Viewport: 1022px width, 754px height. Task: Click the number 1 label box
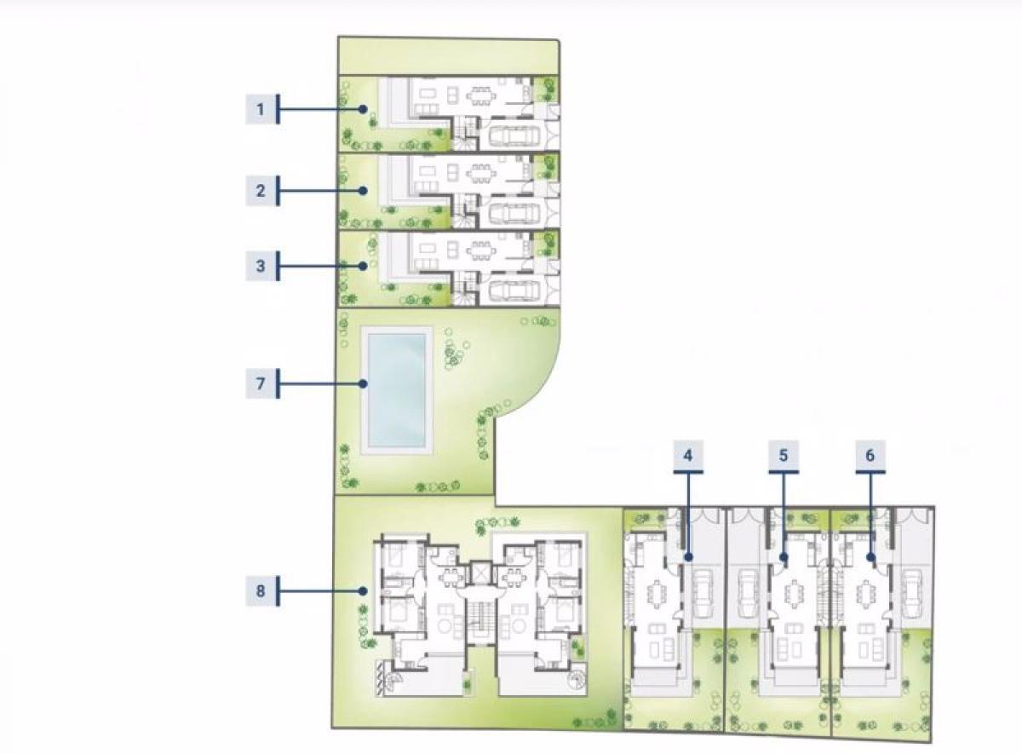(x=261, y=109)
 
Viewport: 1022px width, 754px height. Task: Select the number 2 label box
(x=261, y=190)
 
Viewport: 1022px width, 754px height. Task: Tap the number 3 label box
(x=261, y=266)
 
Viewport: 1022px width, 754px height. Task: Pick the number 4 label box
(x=688, y=455)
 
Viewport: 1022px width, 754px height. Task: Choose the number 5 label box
(x=784, y=455)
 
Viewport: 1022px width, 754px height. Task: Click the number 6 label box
(x=870, y=455)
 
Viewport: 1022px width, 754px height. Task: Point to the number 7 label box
(x=261, y=383)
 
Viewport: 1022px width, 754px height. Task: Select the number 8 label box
(x=261, y=591)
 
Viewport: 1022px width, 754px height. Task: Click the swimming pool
(x=397, y=390)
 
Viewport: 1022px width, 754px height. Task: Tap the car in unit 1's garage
(x=514, y=135)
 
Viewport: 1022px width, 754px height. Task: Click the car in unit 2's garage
(x=514, y=213)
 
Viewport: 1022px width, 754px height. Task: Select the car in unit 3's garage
(x=514, y=290)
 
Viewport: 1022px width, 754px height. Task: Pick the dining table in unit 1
(x=481, y=95)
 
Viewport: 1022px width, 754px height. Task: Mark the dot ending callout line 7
(x=363, y=384)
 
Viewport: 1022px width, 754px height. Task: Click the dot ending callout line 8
(x=363, y=591)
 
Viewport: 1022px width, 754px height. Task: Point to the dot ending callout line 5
(x=784, y=557)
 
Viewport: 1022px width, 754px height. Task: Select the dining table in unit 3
(x=481, y=251)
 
